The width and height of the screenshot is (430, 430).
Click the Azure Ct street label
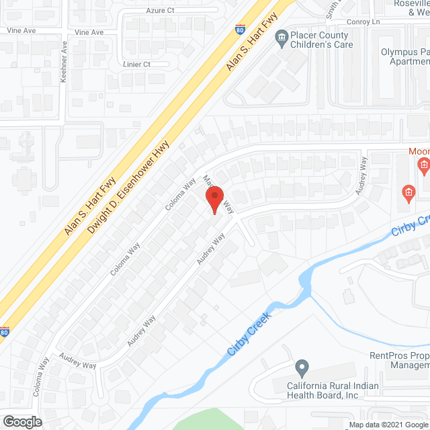pyautogui.click(x=160, y=11)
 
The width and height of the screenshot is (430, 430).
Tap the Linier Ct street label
pyautogui.click(x=137, y=64)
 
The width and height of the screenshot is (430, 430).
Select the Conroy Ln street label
pyautogui.click(x=363, y=21)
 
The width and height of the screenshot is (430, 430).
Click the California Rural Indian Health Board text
pyautogui.click(x=333, y=390)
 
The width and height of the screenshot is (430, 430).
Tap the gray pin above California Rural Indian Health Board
pyautogui.click(x=302, y=368)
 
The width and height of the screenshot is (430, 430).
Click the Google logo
pyautogui.click(x=22, y=422)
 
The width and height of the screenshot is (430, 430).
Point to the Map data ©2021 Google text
pyautogui.click(x=387, y=425)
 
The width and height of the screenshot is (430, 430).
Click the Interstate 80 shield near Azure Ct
pyautogui.click(x=241, y=30)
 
